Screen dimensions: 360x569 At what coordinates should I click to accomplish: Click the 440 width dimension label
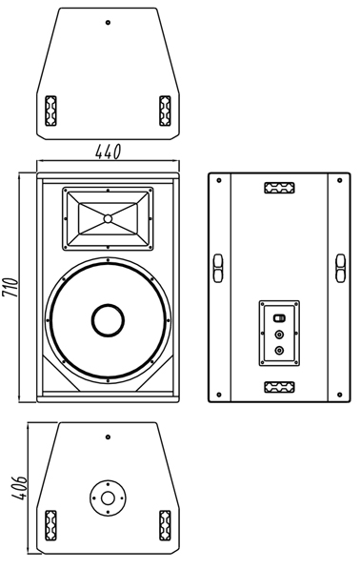coord(108,152)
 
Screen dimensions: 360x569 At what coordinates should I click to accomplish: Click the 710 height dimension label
coord(10,288)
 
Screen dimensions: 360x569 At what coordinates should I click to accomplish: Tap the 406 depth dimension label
coord(19,488)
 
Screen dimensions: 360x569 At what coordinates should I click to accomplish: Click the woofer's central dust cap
coord(108,320)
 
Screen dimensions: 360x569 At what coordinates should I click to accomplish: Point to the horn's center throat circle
coord(108,219)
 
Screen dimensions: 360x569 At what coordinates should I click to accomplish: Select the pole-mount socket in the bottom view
coord(108,498)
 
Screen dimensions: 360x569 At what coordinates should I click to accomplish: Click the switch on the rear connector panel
coord(279,318)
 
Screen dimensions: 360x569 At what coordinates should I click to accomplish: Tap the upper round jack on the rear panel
coord(279,335)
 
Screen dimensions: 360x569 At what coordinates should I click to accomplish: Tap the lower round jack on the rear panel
coord(279,351)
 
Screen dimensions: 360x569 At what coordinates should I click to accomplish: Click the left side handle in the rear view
coord(217,268)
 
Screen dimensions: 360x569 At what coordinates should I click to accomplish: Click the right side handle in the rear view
coord(340,268)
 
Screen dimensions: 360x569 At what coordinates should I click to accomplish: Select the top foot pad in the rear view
coord(279,188)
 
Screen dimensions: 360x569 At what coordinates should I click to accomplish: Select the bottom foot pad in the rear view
coord(279,387)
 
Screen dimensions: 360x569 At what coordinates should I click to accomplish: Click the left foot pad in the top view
coord(50,111)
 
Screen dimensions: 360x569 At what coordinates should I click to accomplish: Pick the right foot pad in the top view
coord(165,111)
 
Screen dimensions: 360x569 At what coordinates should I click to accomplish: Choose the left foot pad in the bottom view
coord(50,525)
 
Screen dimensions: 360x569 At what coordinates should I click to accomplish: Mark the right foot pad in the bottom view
coord(165,525)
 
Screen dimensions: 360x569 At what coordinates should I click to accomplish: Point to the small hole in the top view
coord(108,23)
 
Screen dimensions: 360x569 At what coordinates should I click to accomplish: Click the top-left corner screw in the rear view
coord(219,180)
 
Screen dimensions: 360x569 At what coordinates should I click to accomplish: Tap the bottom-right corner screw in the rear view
coord(339,395)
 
